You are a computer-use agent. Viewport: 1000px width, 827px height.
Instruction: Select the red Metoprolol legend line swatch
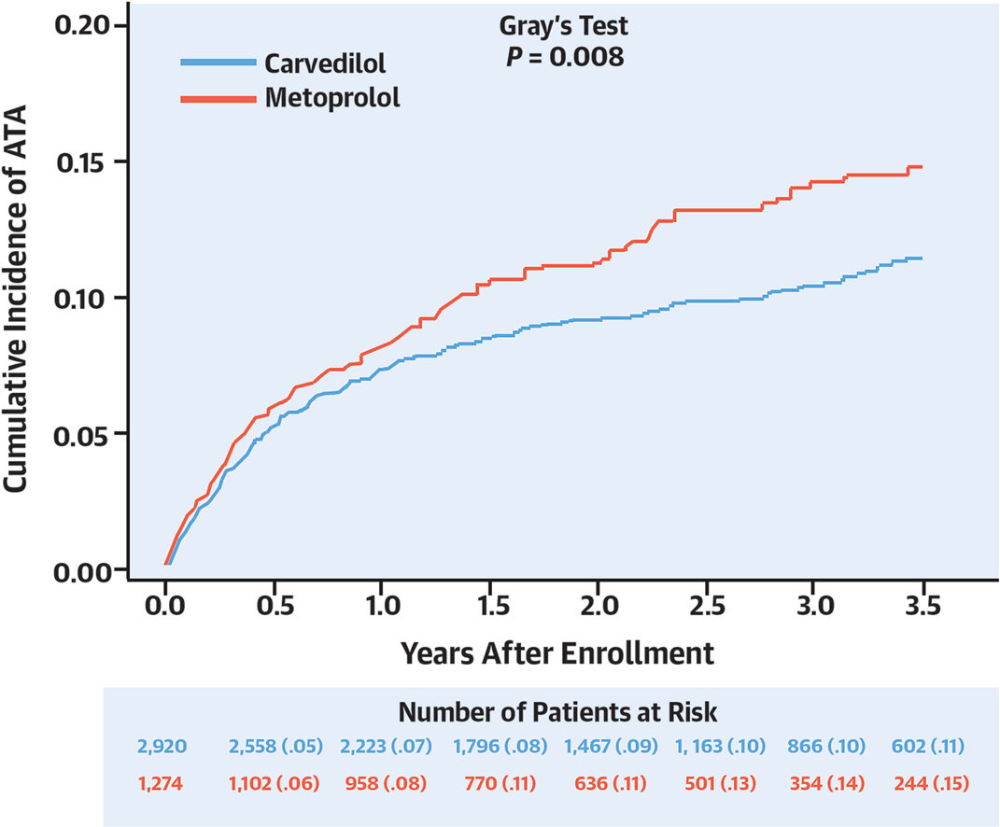point(218,97)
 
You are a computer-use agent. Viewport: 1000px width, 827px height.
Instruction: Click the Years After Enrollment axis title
point(557,652)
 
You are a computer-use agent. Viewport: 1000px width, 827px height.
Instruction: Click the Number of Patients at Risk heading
point(558,712)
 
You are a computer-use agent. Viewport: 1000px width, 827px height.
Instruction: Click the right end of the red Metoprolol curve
point(922,167)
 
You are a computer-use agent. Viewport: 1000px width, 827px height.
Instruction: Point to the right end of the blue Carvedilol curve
point(922,259)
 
